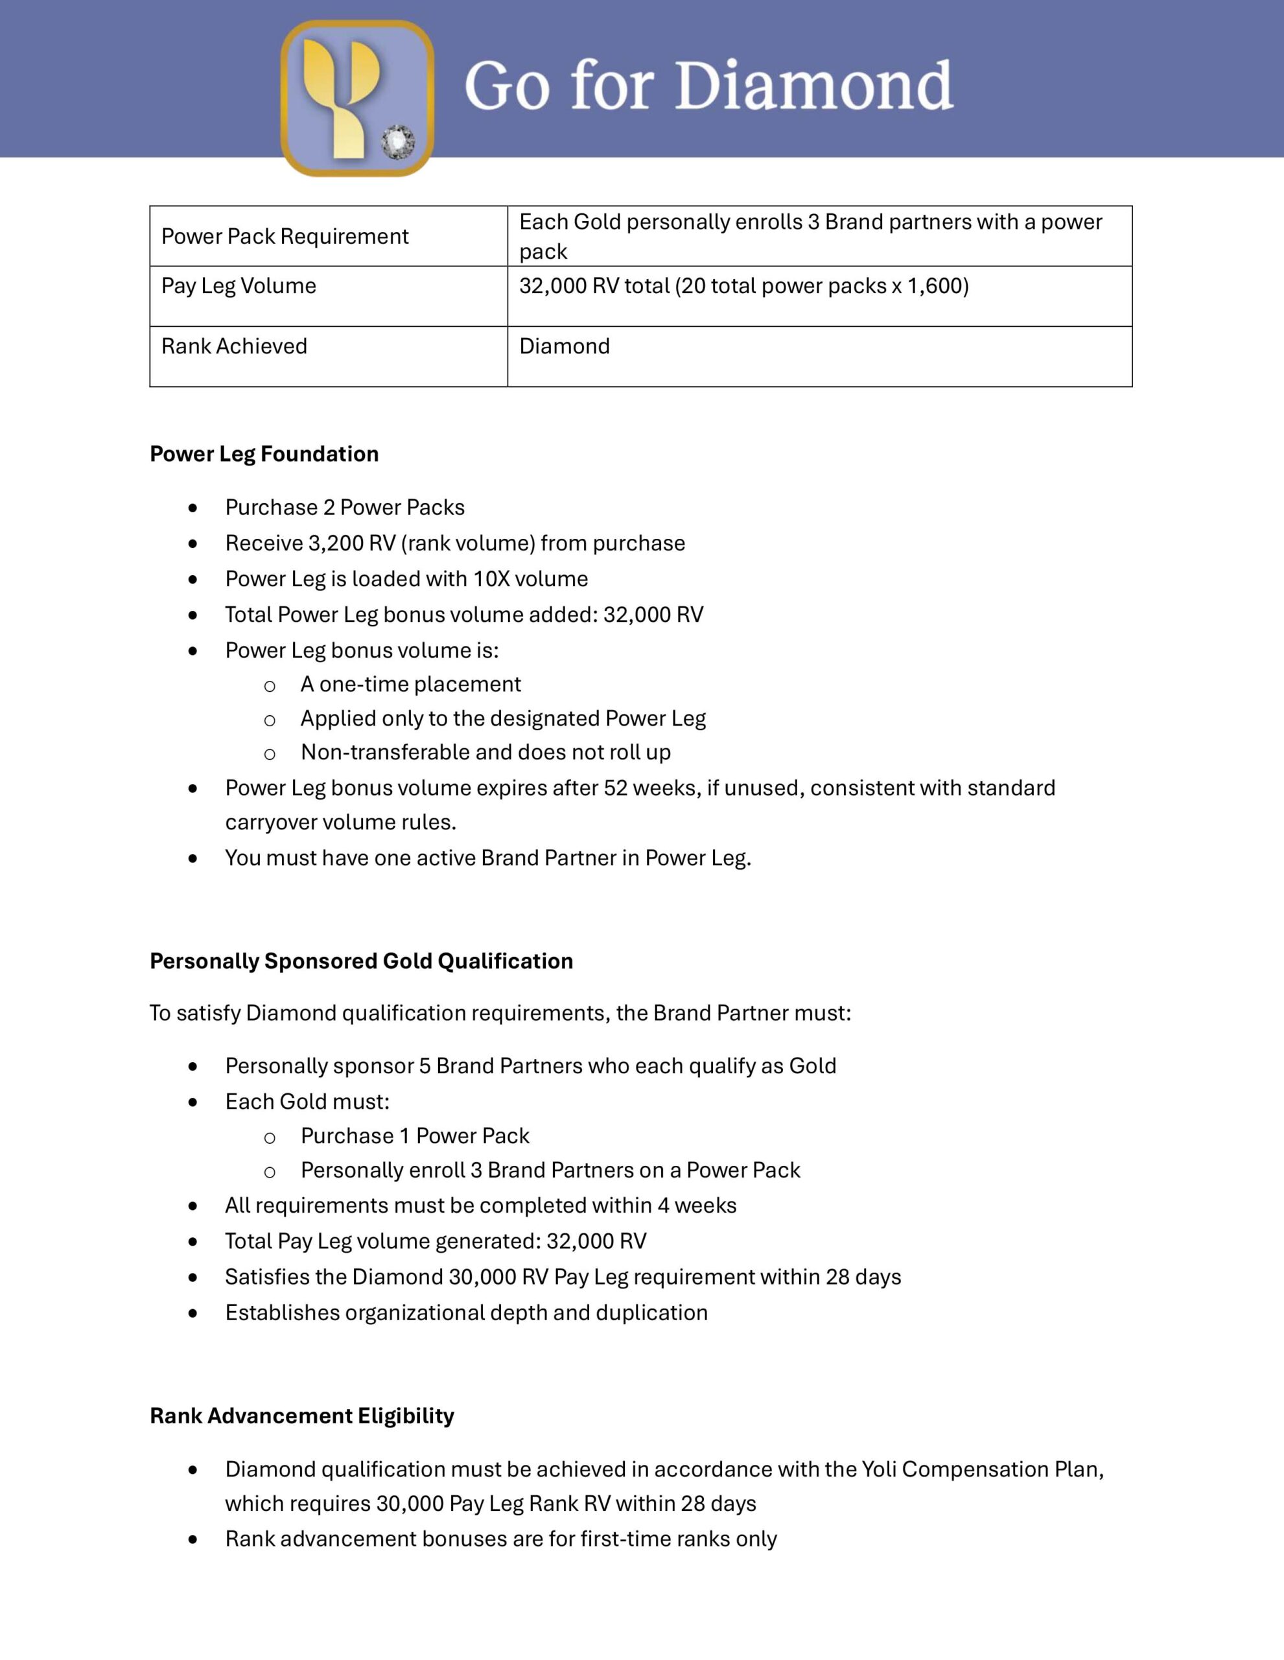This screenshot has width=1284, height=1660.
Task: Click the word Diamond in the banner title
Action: point(813,85)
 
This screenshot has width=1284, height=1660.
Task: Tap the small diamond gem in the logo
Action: point(397,142)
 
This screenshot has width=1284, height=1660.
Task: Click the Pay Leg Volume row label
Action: point(239,286)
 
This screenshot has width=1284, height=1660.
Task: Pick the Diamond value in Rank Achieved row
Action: point(565,347)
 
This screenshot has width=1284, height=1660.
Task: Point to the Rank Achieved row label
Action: point(234,347)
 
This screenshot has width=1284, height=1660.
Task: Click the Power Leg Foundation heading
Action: point(264,454)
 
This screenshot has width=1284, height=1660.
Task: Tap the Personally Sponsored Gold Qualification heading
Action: point(361,961)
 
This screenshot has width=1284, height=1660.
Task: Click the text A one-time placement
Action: point(410,684)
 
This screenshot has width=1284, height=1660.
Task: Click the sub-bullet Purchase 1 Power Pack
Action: point(415,1135)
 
